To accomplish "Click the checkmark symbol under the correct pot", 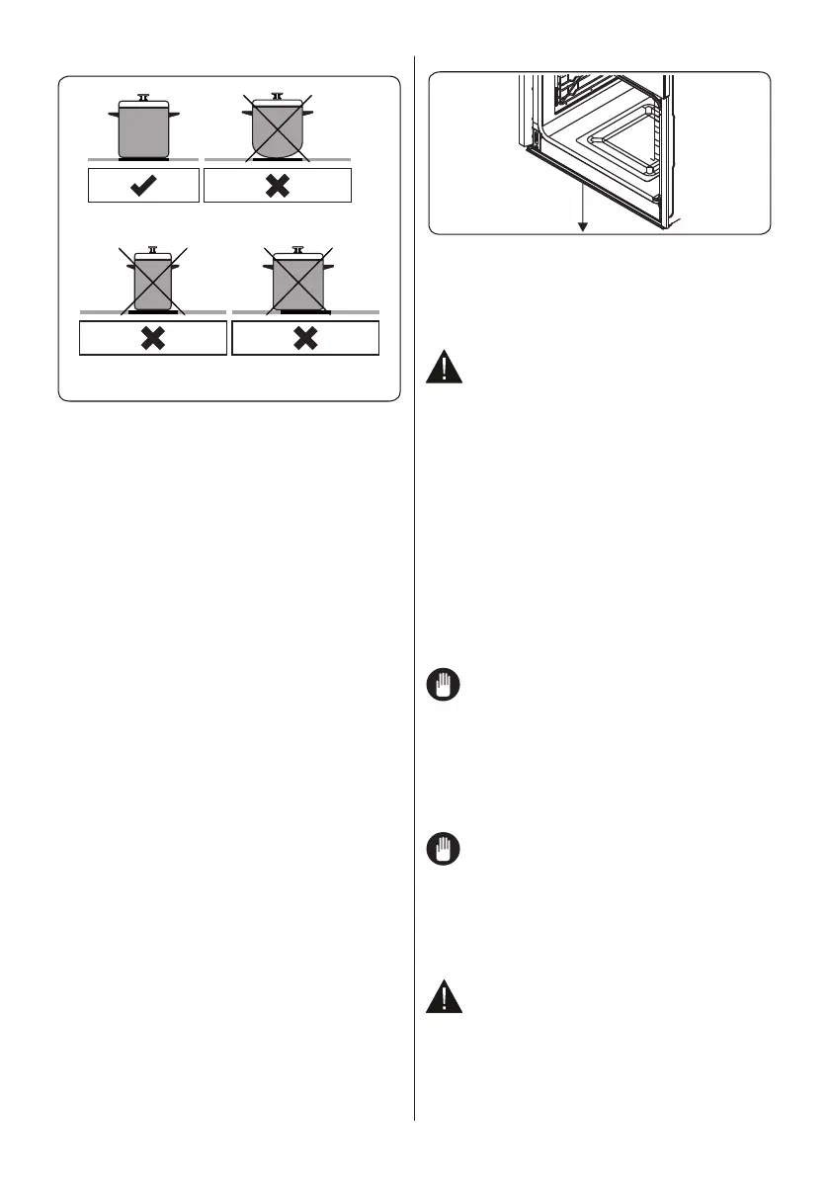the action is coord(143,186).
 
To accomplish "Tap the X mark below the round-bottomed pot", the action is coord(278,186).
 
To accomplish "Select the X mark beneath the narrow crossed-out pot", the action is coord(152,338).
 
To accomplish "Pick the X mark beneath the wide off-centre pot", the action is coord(305,338).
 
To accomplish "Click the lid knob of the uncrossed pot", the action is coord(143,97).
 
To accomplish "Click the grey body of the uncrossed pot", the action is coord(143,133).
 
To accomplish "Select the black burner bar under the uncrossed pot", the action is coord(143,158).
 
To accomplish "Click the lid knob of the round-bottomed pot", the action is coord(278,97).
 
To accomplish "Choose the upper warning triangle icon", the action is coord(444,370).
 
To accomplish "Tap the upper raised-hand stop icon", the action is coord(444,688).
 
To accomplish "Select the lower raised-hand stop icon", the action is coord(444,850).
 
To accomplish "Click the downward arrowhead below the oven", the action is coord(583,226).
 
